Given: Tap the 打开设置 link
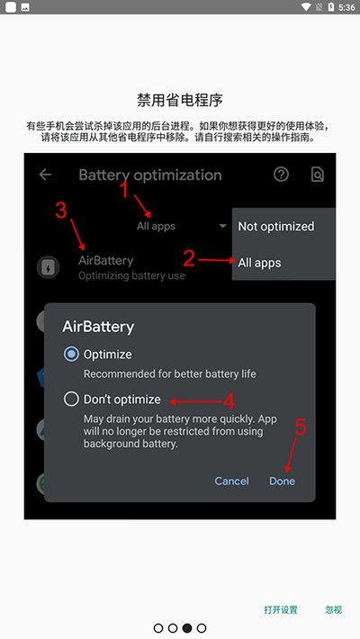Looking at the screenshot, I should click(281, 609).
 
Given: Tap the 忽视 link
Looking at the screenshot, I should click(333, 609).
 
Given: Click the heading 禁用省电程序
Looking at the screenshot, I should click(180, 98).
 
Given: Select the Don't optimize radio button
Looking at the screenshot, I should click(71, 399).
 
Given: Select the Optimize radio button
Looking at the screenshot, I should click(71, 354).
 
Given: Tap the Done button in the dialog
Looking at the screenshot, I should click(282, 481).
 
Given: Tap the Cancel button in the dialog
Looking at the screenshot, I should click(231, 481).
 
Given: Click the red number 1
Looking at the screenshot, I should click(124, 189).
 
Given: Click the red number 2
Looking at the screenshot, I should click(188, 258).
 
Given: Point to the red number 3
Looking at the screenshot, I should click(60, 211).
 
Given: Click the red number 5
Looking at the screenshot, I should click(301, 428).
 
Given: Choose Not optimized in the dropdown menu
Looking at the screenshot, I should click(275, 226).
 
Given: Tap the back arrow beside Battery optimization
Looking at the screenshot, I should click(45, 175).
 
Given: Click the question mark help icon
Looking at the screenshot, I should click(282, 175).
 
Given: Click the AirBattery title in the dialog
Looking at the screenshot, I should click(98, 325).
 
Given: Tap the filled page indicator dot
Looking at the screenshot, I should click(187, 627).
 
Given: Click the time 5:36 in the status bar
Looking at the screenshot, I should click(346, 7).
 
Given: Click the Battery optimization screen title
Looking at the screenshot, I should click(149, 175).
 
